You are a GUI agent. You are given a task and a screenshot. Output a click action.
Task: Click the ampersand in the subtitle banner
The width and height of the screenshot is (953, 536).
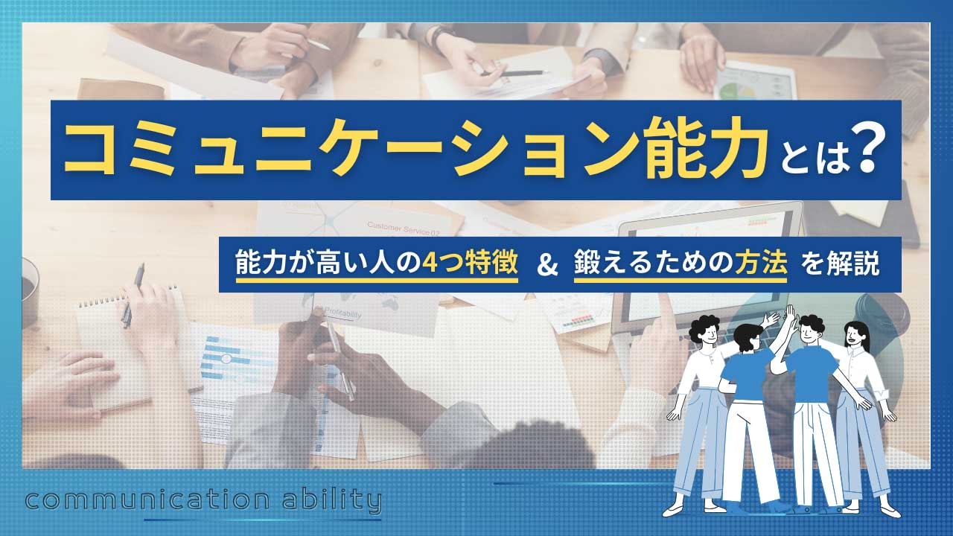coord(547,266)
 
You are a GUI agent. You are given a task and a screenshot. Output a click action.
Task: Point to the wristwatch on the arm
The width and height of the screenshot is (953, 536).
coord(439,35)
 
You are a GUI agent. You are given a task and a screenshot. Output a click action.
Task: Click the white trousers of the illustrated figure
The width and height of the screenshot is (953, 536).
coord(748,454)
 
